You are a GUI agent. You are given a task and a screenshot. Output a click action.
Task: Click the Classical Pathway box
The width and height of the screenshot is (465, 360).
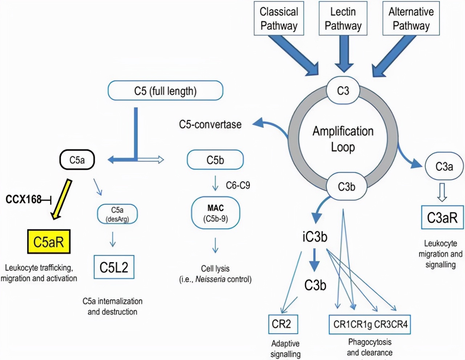[279, 19]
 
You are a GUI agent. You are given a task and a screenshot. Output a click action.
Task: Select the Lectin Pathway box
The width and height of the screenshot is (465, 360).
[343, 19]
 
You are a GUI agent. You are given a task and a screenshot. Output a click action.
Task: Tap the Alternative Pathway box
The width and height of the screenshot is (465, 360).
[411, 19]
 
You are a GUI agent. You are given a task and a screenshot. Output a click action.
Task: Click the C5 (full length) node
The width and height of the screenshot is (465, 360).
[165, 91]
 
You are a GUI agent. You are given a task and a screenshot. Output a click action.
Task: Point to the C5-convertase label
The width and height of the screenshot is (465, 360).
[210, 124]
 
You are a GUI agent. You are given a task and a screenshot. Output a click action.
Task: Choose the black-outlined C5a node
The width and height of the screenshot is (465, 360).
[77, 160]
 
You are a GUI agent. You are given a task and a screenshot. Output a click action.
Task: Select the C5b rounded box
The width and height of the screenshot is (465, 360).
[215, 160]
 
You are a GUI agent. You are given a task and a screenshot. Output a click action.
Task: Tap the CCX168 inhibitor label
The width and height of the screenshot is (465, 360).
[24, 199]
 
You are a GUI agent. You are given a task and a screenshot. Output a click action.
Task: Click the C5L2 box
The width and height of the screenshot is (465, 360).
[114, 267]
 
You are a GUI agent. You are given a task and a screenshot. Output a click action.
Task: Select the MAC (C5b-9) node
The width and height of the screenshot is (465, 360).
[215, 213]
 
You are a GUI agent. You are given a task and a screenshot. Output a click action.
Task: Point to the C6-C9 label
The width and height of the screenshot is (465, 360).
[238, 185]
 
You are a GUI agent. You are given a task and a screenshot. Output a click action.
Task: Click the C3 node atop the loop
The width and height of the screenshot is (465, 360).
[343, 91]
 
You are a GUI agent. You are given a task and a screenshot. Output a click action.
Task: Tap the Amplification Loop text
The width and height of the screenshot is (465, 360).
[343, 139]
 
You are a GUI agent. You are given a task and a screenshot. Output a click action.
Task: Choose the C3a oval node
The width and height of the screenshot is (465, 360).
[444, 167]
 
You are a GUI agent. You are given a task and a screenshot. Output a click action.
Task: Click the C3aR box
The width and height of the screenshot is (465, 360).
[442, 218]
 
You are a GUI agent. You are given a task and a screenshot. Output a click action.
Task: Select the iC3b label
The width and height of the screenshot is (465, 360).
[315, 237]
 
